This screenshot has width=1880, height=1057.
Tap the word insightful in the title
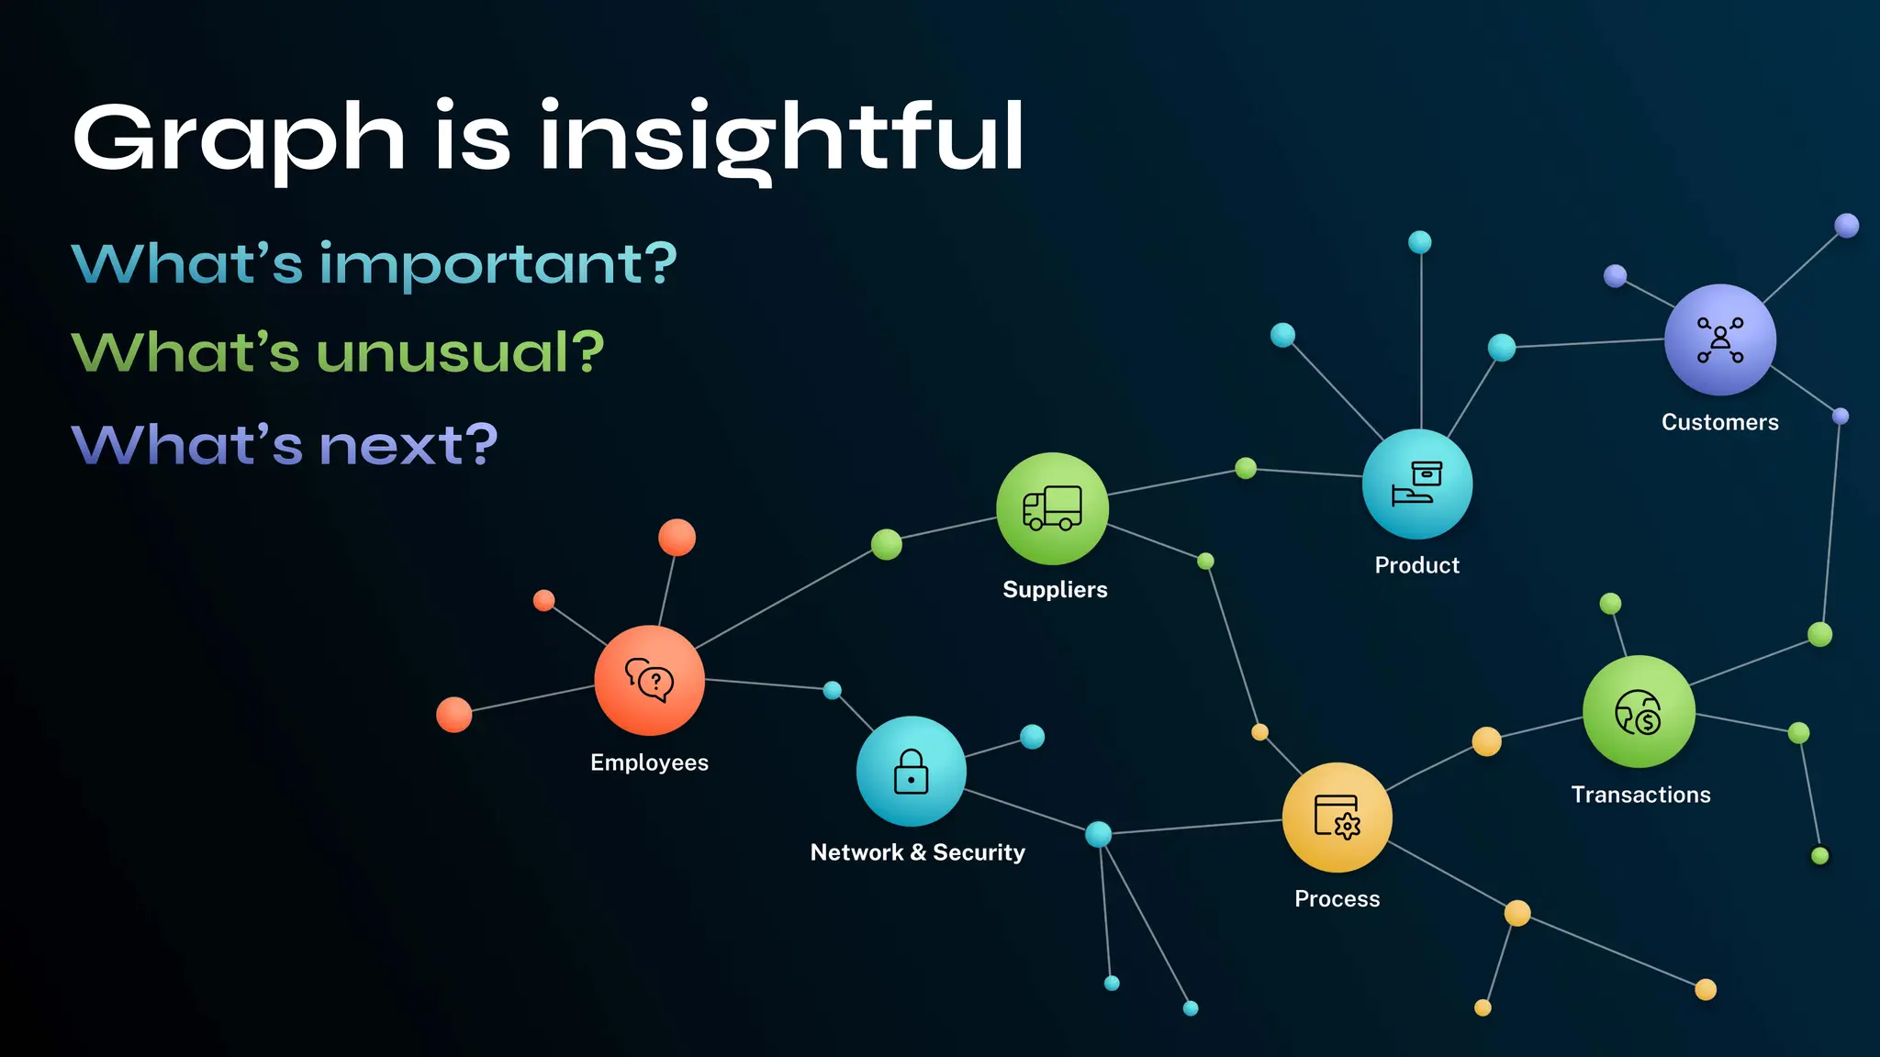(780, 138)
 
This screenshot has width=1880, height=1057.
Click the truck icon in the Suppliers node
(1052, 508)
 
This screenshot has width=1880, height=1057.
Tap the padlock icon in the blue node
(911, 772)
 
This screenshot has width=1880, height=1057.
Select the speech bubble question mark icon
(650, 681)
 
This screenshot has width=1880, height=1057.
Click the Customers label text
(1719, 422)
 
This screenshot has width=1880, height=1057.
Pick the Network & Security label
(917, 852)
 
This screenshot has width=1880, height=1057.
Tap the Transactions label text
(1640, 795)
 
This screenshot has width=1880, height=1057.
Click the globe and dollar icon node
(1639, 712)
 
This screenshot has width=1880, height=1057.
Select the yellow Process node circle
(1337, 818)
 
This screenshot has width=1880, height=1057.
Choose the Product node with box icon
(1417, 484)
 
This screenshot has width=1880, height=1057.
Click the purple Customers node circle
(1719, 339)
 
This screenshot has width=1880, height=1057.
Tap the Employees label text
(649, 762)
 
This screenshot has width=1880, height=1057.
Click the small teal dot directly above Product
(1420, 242)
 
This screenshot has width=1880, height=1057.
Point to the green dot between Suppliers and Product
(1246, 468)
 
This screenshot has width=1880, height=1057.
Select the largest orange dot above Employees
(677, 537)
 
